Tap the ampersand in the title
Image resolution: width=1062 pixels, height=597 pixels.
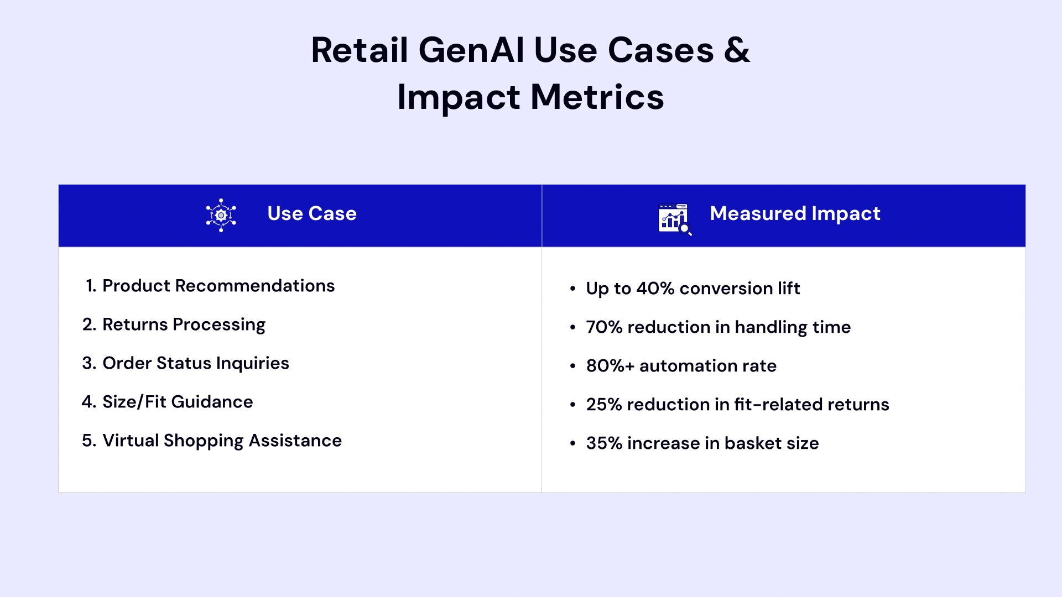(x=737, y=50)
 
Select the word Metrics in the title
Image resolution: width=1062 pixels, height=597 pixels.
(x=597, y=97)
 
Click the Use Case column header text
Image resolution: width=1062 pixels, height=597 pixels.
(x=312, y=214)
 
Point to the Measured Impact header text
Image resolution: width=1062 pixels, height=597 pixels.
(x=795, y=214)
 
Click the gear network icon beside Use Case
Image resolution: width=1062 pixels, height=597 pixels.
(x=221, y=215)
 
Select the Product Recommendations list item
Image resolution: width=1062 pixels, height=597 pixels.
(x=218, y=286)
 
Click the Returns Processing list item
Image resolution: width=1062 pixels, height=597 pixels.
(x=184, y=324)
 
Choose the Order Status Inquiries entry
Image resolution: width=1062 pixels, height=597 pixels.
(x=196, y=363)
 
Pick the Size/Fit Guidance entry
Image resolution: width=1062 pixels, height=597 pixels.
(x=178, y=402)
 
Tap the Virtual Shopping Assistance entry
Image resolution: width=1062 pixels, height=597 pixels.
(x=222, y=441)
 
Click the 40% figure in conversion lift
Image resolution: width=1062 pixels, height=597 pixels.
(x=655, y=289)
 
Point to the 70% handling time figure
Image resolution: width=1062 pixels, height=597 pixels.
(x=604, y=327)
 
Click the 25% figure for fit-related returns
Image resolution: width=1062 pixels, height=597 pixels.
(x=604, y=405)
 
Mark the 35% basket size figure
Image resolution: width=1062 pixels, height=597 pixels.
(x=604, y=443)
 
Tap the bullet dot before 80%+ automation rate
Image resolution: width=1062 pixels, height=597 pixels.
(x=572, y=366)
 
